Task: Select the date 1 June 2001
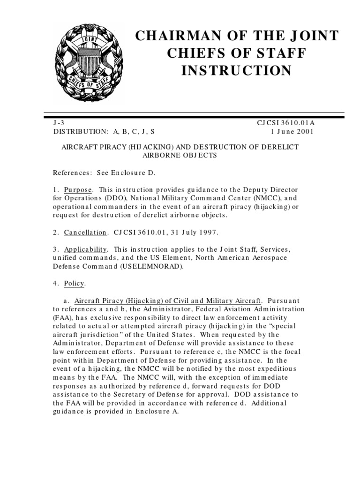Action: pos(292,131)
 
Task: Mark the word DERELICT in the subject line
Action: pos(277,147)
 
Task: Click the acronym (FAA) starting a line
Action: pos(62,318)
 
